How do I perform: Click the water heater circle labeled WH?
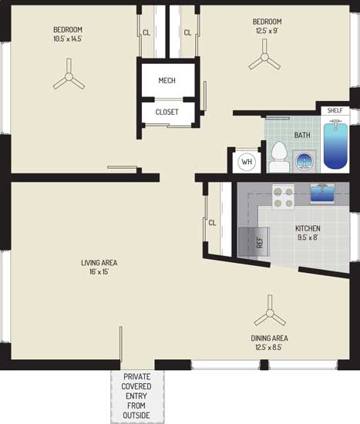pos(247,162)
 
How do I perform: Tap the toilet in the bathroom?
pos(278,156)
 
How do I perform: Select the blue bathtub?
pos(335,146)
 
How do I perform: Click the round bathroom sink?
pos(304,161)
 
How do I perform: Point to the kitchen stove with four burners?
pos(283,197)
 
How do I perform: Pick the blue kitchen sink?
pos(322,193)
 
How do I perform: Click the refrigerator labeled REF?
pos(254,242)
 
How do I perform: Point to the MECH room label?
pos(167,80)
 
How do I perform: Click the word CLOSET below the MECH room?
pos(167,112)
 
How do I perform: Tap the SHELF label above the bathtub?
pos(335,110)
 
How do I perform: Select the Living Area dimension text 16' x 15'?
pos(99,272)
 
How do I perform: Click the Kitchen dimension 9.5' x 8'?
pos(308,237)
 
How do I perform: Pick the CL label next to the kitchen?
pos(212,223)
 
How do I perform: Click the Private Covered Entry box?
pos(137,397)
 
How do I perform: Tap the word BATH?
pos(302,135)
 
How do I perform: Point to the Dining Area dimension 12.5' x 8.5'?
pos(269,347)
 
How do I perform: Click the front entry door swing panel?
pos(121,344)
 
